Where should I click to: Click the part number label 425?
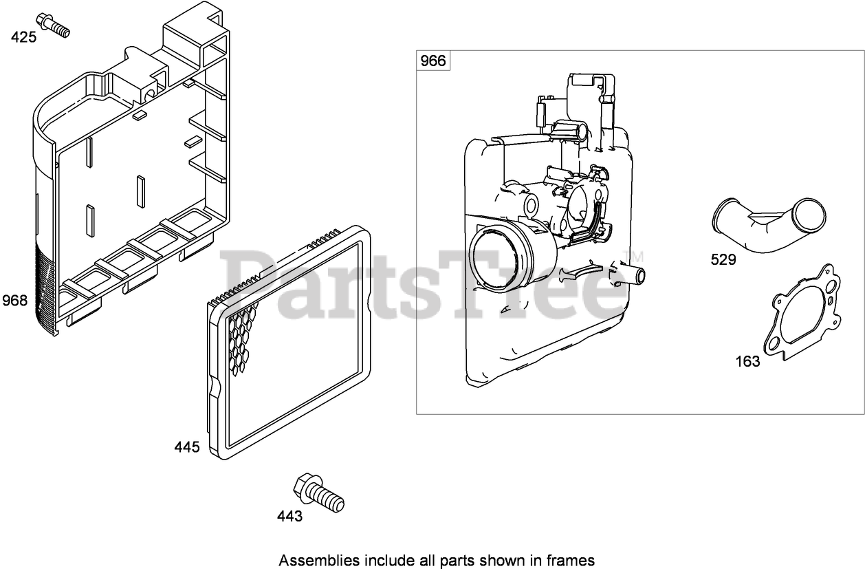(x=23, y=37)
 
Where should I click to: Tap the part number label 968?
(x=15, y=300)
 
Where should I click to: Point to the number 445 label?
(x=187, y=447)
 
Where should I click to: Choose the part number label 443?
(x=289, y=516)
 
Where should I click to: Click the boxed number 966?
(x=433, y=61)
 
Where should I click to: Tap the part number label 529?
(x=723, y=259)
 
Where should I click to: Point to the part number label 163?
(x=747, y=361)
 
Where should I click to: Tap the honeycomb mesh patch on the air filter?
(x=241, y=337)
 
